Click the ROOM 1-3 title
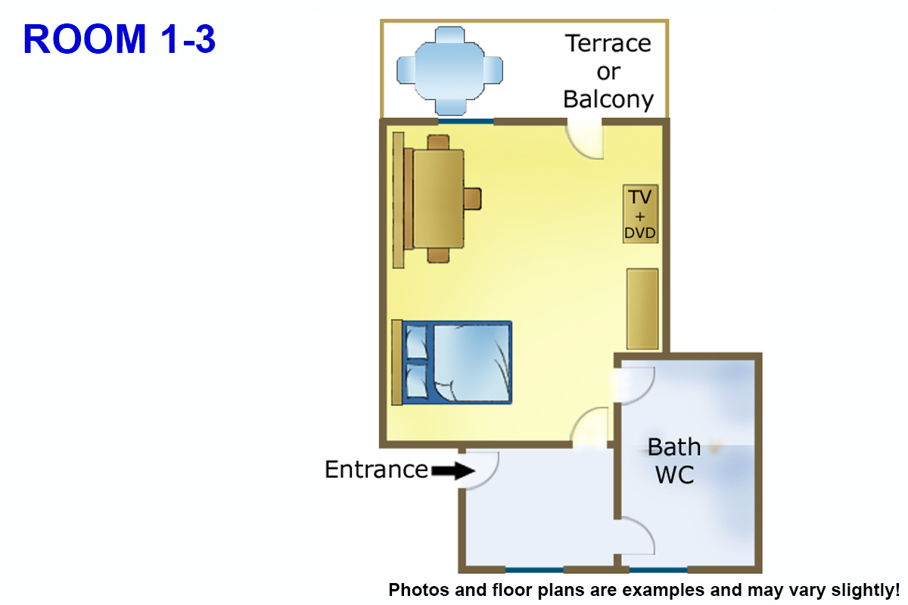coord(120,39)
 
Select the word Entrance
coord(376,470)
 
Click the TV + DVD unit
coord(640,214)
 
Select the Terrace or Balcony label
coord(608,72)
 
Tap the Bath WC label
coord(674,461)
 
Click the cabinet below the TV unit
coord(642,309)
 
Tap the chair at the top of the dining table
coord(438,141)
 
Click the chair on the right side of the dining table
coord(472,198)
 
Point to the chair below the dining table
coord(438,255)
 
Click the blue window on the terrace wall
coord(466,120)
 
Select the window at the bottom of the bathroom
coord(658,569)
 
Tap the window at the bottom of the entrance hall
coord(534,569)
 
